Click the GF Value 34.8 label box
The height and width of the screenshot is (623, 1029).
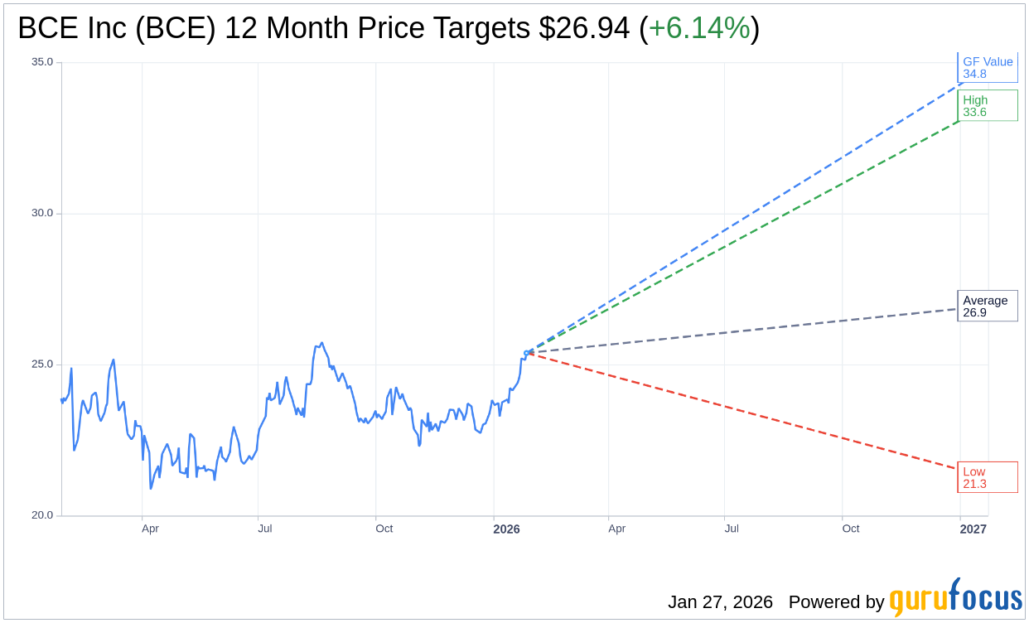pos(987,67)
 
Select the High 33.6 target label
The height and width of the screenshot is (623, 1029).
pos(987,105)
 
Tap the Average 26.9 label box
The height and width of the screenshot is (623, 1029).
pos(987,306)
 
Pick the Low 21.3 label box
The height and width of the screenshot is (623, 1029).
pos(987,477)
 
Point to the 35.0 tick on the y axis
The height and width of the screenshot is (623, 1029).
pos(42,62)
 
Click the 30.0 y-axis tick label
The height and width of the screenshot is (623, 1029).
pos(42,213)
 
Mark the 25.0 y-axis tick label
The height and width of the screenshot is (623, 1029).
pos(42,365)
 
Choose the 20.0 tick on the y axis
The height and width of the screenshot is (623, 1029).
pos(42,515)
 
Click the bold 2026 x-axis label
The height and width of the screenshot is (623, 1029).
pos(506,529)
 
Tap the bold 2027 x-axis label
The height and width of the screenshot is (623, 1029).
pos(973,529)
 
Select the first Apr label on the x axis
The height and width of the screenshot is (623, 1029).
pos(150,529)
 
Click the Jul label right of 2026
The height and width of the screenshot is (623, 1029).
pos(732,529)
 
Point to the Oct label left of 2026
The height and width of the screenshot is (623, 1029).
pos(384,529)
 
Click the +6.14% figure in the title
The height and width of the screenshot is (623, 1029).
pos(699,28)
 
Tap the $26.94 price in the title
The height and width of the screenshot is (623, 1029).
pos(583,28)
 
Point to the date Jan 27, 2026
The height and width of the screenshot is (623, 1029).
pos(720,602)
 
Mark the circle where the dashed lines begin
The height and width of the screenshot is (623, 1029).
pos(527,353)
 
